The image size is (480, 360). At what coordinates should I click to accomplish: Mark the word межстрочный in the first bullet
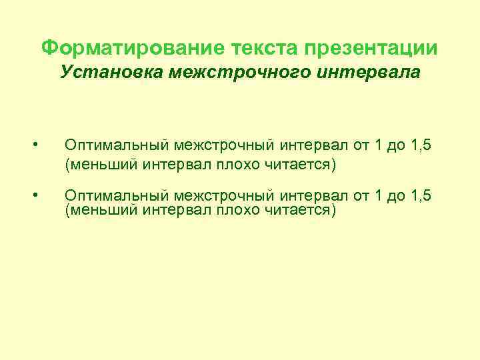(215, 145)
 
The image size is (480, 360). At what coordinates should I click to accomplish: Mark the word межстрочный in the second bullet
(215, 195)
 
